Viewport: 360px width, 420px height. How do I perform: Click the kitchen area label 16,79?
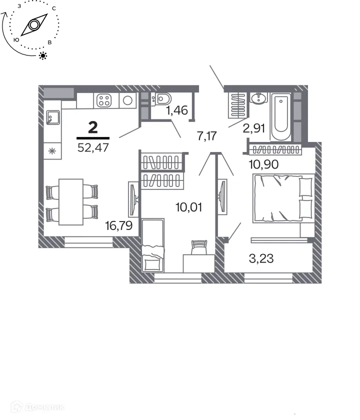pos(118,226)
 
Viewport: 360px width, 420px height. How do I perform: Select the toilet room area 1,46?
pos(176,110)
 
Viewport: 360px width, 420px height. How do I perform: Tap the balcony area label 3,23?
pos(261,258)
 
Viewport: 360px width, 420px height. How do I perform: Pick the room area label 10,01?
pos(188,206)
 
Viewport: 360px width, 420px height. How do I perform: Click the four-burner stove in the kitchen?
pos(104,100)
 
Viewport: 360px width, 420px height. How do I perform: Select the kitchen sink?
pos(52,118)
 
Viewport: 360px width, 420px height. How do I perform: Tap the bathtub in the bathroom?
pos(281,118)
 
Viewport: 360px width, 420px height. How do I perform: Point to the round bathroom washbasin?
pos(258,98)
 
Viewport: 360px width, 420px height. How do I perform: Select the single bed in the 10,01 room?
pos(153,245)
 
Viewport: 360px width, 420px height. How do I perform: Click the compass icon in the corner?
pos(34,25)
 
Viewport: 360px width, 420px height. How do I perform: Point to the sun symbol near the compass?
pos(43,55)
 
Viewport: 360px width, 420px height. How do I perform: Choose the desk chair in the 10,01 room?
pos(199,246)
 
